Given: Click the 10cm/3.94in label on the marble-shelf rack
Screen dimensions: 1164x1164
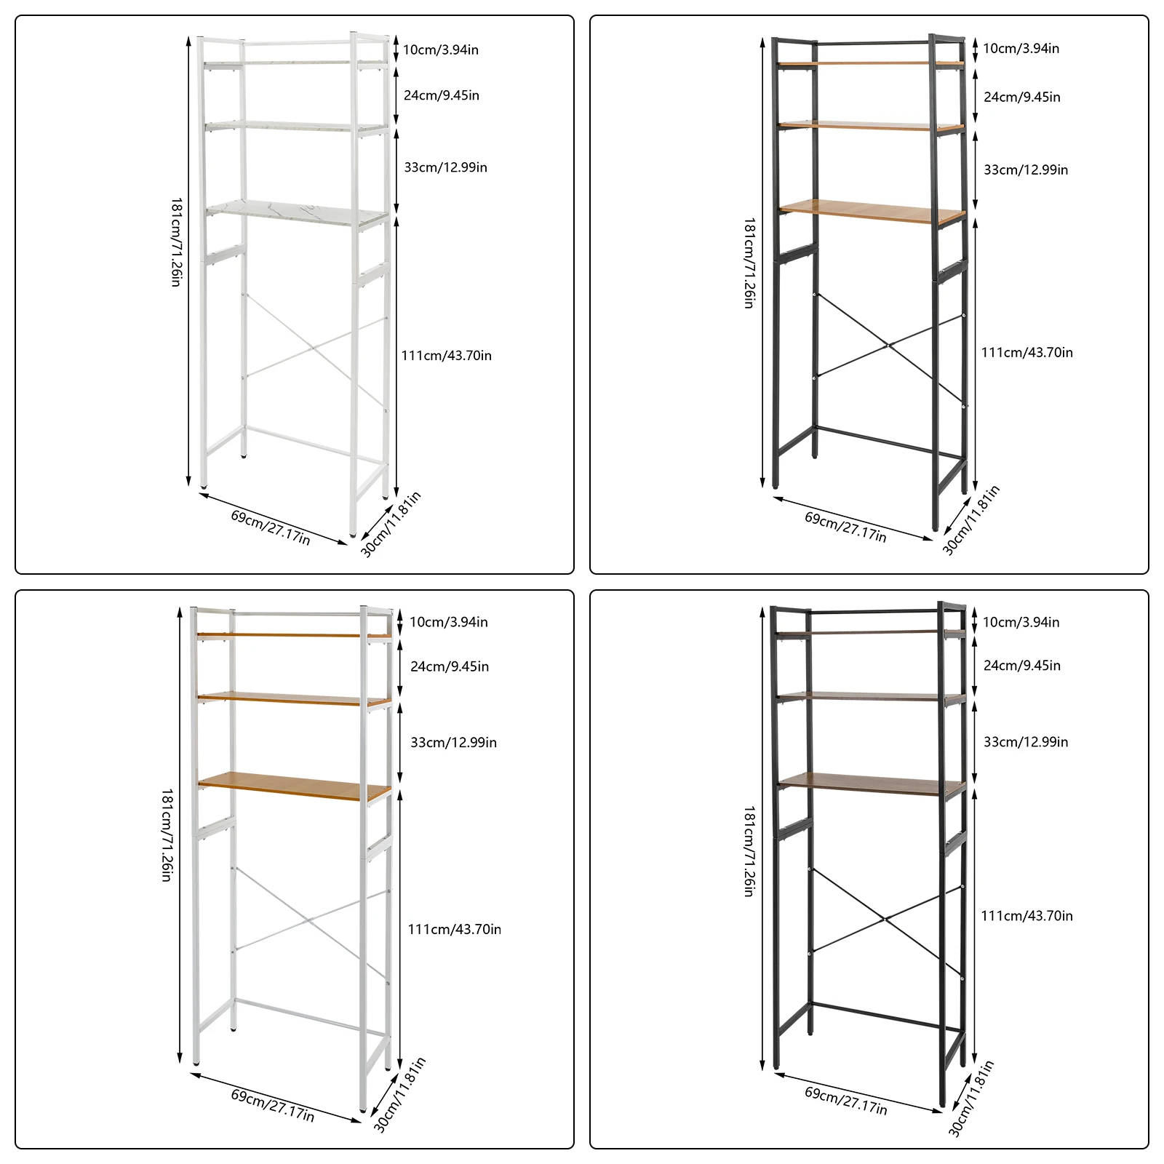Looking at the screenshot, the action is click(x=441, y=49).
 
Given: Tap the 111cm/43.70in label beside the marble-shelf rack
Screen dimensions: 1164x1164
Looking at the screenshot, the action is click(x=447, y=356).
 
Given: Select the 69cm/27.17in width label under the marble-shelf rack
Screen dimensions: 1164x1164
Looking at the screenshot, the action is click(x=271, y=527).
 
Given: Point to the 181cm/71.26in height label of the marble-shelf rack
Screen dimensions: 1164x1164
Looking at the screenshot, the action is click(x=176, y=242).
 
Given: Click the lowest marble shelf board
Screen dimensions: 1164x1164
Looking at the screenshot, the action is click(x=297, y=212).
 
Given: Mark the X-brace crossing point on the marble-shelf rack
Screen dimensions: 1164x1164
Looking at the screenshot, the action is click(x=314, y=348).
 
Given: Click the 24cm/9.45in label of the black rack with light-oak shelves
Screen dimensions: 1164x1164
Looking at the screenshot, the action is click(x=1022, y=97).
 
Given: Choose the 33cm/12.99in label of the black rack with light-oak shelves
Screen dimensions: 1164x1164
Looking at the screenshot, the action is click(x=1026, y=170).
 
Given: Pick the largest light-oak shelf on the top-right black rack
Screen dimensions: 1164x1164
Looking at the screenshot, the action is click(x=872, y=211).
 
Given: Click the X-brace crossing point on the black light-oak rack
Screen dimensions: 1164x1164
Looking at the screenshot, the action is click(x=888, y=346).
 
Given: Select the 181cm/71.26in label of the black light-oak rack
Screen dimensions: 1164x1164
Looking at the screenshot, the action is click(x=749, y=263).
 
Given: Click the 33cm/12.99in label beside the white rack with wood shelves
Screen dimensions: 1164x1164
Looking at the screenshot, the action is click(x=453, y=742).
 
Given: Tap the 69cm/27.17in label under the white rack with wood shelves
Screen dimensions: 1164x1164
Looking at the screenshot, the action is click(x=273, y=1105).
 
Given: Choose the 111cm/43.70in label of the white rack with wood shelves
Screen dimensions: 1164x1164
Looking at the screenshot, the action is click(x=454, y=929).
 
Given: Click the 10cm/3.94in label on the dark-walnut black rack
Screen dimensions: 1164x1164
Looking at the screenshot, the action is click(x=1021, y=622).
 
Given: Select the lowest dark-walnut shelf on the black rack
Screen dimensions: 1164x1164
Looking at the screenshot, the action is click(x=872, y=784).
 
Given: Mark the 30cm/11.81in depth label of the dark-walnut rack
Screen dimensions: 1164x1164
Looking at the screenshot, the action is click(x=971, y=1098).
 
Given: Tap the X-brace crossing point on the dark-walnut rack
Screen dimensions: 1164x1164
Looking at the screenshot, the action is click(x=885, y=919).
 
